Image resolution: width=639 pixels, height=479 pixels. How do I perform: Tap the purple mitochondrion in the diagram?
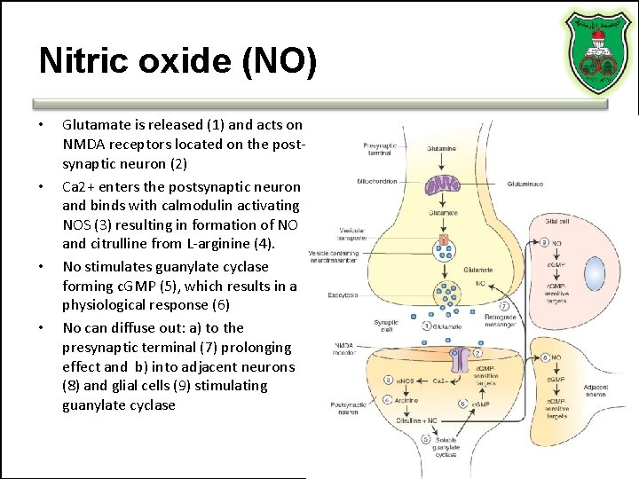tap(441, 185)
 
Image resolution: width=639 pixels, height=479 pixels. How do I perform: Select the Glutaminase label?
tap(525, 185)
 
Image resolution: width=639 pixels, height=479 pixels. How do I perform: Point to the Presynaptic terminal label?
tap(380, 148)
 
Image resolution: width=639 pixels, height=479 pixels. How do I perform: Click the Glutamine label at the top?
tap(442, 149)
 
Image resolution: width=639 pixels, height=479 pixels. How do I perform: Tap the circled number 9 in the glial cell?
tap(543, 242)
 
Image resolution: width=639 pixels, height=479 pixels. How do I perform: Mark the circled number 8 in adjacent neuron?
tap(543, 357)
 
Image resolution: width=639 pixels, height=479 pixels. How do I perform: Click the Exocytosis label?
tap(342, 293)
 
